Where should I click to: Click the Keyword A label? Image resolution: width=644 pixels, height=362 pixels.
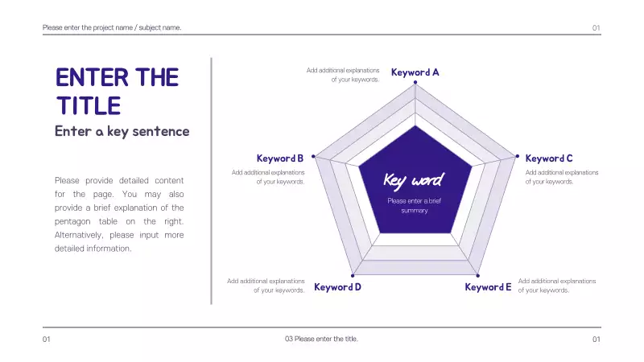pos(415,72)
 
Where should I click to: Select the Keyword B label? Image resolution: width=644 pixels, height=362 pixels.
pos(279,158)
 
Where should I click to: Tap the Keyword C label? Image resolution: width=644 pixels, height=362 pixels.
pos(549,158)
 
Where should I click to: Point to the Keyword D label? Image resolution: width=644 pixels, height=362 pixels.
pos(337,287)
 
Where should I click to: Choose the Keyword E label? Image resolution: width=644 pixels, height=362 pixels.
pos(488,287)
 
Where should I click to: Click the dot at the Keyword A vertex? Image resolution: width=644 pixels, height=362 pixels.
pos(415,83)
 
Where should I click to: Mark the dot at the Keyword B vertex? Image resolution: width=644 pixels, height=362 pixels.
pos(313,156)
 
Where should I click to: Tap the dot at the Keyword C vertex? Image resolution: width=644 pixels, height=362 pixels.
pos(517,156)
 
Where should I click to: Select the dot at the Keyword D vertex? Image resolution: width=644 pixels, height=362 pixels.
pos(353,275)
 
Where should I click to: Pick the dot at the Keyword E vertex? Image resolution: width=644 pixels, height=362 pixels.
pos(477,275)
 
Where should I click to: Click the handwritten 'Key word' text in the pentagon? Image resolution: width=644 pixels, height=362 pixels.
pos(414,180)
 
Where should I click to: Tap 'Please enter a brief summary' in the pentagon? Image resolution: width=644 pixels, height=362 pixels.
pos(415,206)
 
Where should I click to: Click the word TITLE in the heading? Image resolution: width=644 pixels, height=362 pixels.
pos(89,105)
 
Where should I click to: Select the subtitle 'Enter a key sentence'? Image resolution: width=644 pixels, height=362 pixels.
pos(122,131)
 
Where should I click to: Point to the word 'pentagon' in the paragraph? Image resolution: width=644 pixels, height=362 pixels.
pos(72,221)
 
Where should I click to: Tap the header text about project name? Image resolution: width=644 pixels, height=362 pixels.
pos(112,27)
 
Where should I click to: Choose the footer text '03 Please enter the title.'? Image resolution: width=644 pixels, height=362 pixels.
pos(321,339)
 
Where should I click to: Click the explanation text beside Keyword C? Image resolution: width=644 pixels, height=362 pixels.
pos(562,177)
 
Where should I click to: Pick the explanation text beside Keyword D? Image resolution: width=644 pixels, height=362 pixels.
pos(266,286)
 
